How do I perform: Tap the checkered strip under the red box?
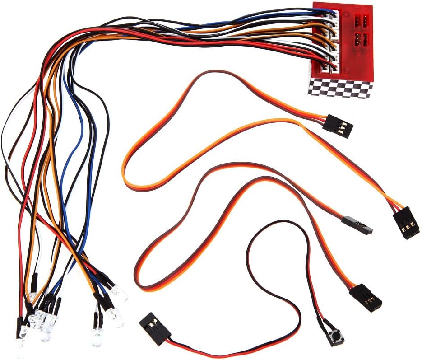(341, 88)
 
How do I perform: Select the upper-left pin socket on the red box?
(357, 20)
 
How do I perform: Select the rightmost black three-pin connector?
(406, 223)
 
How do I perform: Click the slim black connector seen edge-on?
(357, 224)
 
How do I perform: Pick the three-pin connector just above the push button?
(366, 297)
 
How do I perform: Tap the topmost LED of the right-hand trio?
(120, 293)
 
